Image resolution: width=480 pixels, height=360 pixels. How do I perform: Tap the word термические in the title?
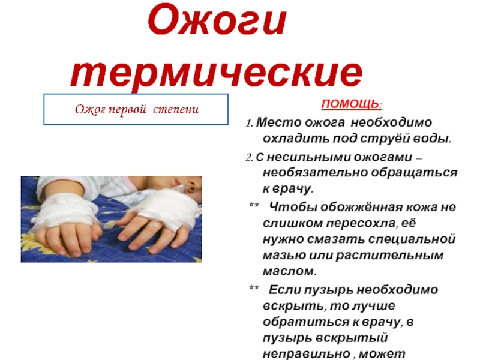[217, 73]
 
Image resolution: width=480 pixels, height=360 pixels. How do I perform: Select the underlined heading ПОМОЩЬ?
[352, 104]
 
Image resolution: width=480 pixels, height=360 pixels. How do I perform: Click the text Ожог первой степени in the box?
[137, 109]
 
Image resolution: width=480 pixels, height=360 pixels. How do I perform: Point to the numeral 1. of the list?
[249, 123]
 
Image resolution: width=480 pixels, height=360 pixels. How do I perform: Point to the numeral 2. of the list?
[249, 158]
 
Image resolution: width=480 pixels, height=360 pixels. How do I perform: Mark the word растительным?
[389, 256]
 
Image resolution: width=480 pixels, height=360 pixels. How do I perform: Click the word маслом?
[289, 271]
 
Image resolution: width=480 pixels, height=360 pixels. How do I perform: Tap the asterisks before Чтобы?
[254, 205]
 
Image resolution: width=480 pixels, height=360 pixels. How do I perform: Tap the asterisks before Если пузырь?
[254, 287]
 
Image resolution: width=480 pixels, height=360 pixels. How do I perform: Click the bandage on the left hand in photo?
[66, 209]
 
